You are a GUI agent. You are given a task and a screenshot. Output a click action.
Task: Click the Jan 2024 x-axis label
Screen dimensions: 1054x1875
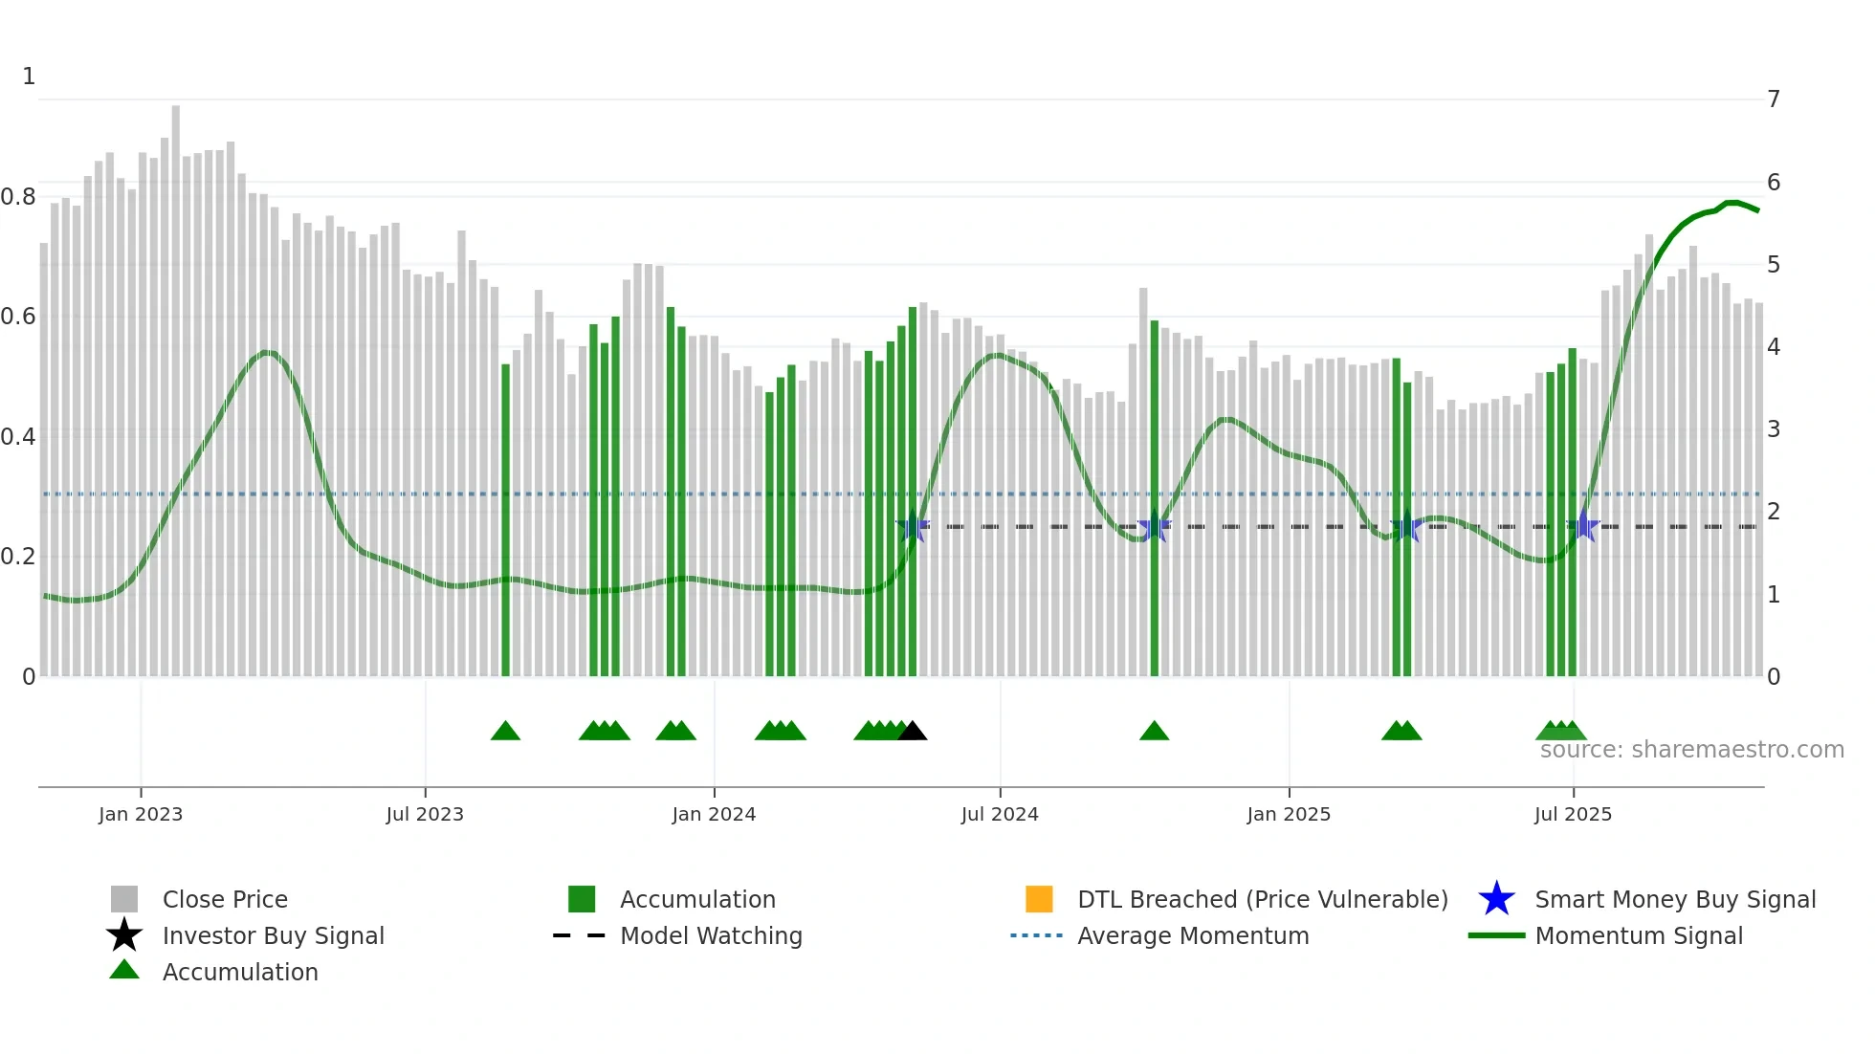coord(714,814)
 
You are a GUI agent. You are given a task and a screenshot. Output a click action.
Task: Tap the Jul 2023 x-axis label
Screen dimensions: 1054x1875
coord(425,814)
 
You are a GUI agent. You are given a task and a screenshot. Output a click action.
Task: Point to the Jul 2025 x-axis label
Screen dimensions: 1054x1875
coord(1573,814)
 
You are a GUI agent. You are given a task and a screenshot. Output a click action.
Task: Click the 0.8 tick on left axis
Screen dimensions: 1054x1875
coord(19,197)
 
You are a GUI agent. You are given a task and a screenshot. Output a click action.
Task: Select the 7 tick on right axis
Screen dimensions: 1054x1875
coord(1774,99)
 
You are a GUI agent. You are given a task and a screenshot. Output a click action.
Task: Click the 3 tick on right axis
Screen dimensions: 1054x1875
coord(1774,429)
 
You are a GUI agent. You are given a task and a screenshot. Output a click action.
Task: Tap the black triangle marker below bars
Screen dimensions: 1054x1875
coord(913,732)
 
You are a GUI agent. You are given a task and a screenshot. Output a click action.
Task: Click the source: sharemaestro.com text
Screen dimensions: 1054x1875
coord(1691,750)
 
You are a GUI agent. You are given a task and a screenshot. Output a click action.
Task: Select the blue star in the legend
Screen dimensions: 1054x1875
coord(1496,899)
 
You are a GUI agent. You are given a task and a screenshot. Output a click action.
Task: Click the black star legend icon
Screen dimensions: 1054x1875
coord(124,935)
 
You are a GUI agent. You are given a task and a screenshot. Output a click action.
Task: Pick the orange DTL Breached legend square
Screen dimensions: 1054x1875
coord(1039,899)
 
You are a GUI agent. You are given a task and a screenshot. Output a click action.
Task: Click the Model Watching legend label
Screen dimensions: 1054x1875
coord(711,935)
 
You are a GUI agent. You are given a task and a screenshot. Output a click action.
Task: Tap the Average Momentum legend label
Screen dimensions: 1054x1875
coord(1193,935)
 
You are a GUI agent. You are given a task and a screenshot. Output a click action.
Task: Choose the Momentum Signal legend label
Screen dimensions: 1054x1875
coord(1639,935)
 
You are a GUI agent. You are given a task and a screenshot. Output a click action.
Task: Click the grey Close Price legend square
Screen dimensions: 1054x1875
coord(124,899)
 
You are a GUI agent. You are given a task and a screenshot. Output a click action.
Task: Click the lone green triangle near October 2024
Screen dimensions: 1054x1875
coord(1155,732)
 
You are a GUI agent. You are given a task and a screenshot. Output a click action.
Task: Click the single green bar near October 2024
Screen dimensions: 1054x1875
coord(1155,497)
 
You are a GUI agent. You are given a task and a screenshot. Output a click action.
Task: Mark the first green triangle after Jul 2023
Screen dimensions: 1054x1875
coord(505,732)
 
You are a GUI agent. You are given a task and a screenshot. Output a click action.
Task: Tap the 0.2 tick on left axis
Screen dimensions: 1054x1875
coord(19,557)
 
